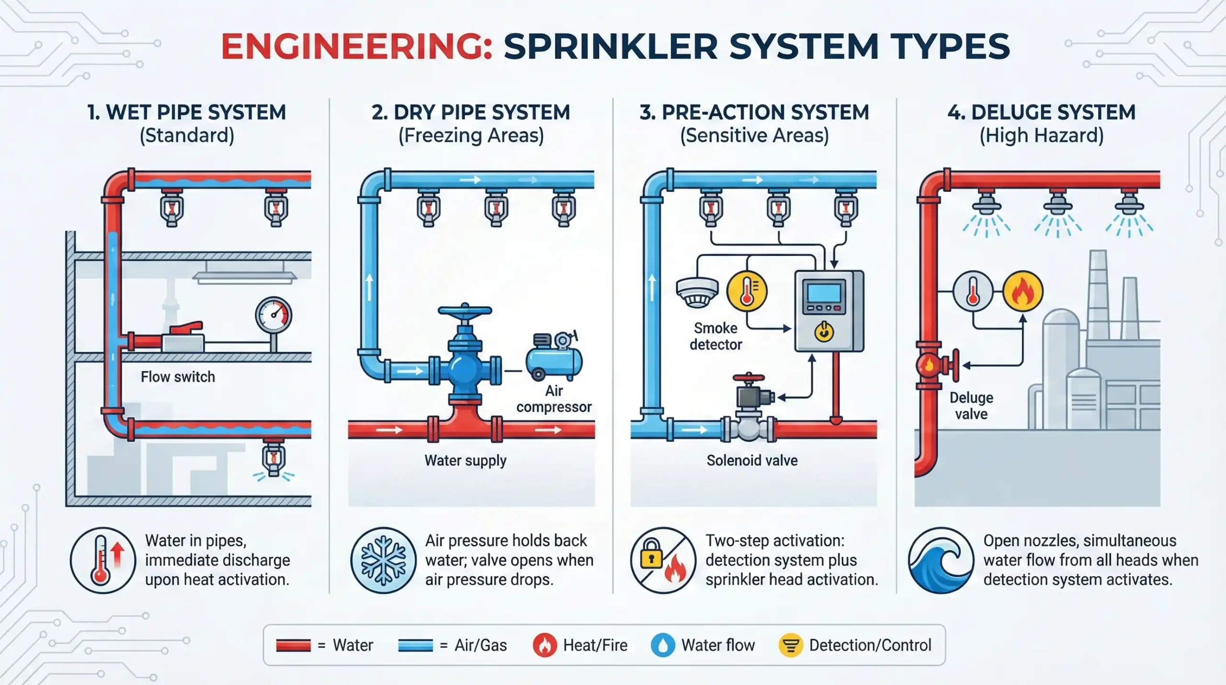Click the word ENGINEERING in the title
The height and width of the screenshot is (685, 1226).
click(356, 47)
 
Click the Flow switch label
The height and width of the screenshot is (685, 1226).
click(178, 377)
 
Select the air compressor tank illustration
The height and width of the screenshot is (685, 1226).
click(554, 360)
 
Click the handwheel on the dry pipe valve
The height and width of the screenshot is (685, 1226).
click(465, 310)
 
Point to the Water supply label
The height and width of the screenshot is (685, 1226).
click(465, 460)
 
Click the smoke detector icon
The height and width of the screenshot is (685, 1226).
click(697, 291)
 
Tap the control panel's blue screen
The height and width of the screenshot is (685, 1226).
click(824, 293)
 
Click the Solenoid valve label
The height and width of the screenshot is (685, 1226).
click(752, 460)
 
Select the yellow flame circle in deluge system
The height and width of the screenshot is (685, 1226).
click(1022, 291)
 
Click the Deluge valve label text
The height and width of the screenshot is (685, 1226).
click(971, 406)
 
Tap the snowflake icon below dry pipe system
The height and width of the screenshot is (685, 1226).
click(383, 560)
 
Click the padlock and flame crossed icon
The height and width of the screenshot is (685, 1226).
click(663, 560)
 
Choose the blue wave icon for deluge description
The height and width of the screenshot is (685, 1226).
click(941, 560)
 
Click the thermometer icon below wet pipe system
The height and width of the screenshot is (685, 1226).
click(103, 560)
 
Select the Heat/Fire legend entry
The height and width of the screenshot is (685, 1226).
click(580, 645)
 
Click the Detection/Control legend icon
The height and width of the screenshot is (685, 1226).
click(791, 645)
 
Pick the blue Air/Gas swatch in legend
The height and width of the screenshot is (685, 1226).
click(415, 645)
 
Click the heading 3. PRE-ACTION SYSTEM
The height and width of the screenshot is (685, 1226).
click(754, 113)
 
